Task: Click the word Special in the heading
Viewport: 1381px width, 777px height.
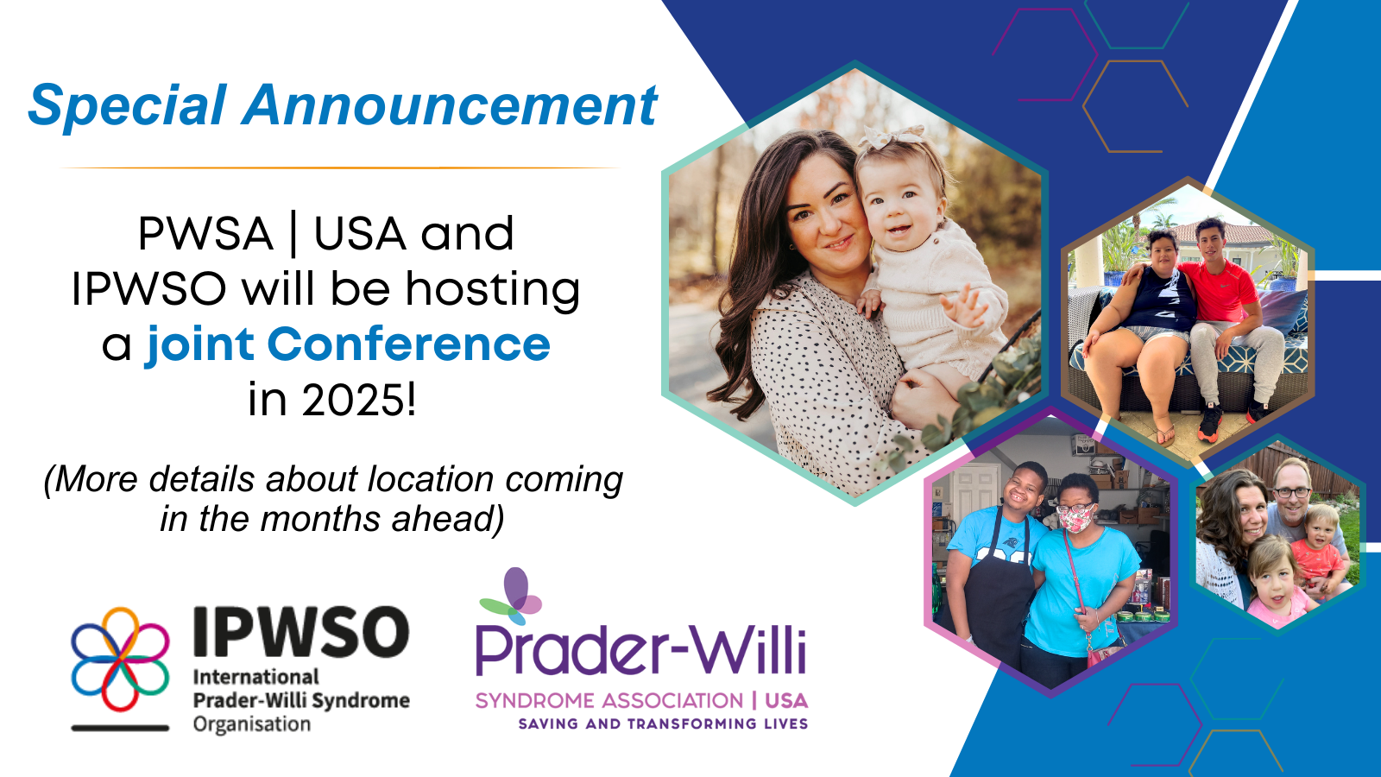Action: pos(127,106)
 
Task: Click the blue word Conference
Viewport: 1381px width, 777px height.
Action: pos(409,344)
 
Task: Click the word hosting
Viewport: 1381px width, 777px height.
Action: pos(492,291)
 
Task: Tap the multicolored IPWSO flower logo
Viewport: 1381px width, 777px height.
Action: pos(120,659)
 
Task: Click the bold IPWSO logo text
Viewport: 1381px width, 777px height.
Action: pos(301,631)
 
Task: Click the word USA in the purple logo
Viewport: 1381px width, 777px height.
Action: pos(786,700)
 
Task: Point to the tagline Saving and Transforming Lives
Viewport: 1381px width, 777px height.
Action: pos(664,724)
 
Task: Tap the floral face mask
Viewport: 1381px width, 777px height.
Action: pos(1075,519)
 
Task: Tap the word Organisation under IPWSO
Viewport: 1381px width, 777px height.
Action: pos(251,724)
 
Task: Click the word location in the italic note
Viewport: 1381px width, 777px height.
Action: pos(431,479)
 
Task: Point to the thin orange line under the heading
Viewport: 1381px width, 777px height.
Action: pos(340,167)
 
